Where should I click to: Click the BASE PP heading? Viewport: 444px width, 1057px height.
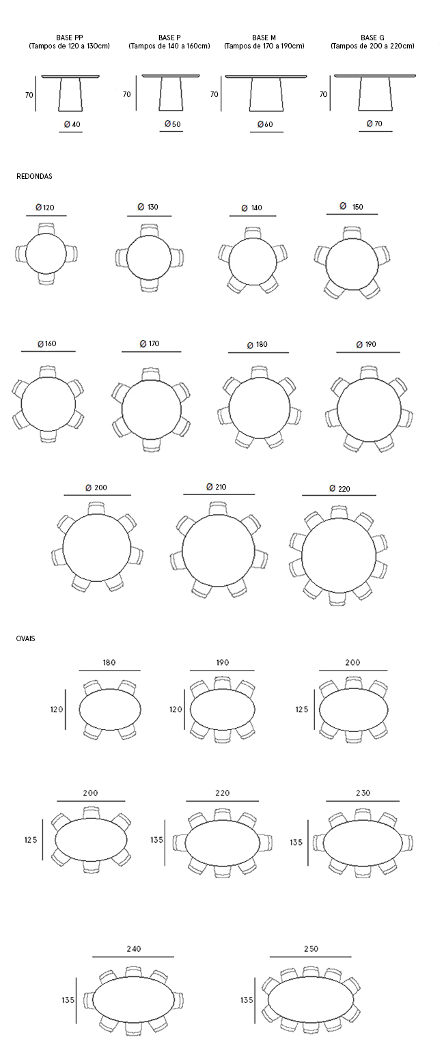[x=70, y=38]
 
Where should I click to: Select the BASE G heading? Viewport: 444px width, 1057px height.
[x=372, y=38]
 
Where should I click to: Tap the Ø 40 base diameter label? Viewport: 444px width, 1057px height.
[x=72, y=124]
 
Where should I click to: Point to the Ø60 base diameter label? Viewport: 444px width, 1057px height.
[x=265, y=124]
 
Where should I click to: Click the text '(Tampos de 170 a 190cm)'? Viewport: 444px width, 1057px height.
[x=264, y=46]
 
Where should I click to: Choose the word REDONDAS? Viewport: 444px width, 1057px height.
[x=34, y=176]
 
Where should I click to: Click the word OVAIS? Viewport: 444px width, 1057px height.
[x=25, y=638]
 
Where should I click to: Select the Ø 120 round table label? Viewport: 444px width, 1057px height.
[x=45, y=207]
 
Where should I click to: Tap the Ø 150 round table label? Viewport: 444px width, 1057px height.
[x=352, y=206]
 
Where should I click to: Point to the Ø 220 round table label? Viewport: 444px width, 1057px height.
[x=339, y=488]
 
